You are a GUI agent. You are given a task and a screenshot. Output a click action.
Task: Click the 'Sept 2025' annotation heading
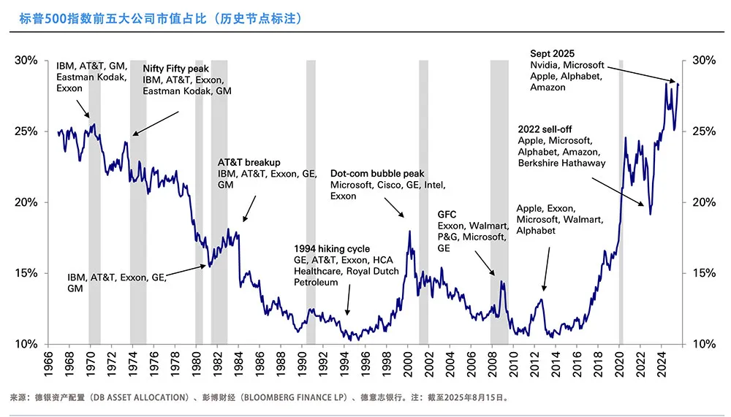tap(552, 54)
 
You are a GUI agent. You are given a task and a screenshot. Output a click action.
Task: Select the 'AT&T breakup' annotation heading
tap(249, 162)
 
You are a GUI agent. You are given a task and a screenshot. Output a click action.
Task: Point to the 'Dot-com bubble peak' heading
tap(377, 174)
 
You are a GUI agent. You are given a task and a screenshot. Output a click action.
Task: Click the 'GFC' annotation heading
tap(447, 214)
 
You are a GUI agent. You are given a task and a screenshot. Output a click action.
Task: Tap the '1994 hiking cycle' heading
tap(332, 249)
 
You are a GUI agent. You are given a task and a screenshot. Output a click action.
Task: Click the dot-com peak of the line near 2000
tap(409, 232)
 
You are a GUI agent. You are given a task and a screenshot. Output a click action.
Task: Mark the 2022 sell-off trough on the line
tap(651, 213)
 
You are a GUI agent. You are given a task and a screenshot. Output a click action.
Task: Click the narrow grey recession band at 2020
tap(621, 201)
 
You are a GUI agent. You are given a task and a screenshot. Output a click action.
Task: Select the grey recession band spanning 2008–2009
tap(499, 201)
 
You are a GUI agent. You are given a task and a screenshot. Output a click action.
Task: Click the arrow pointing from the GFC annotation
tap(485, 263)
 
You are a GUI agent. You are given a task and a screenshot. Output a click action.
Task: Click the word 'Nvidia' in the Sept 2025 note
tap(545, 65)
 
